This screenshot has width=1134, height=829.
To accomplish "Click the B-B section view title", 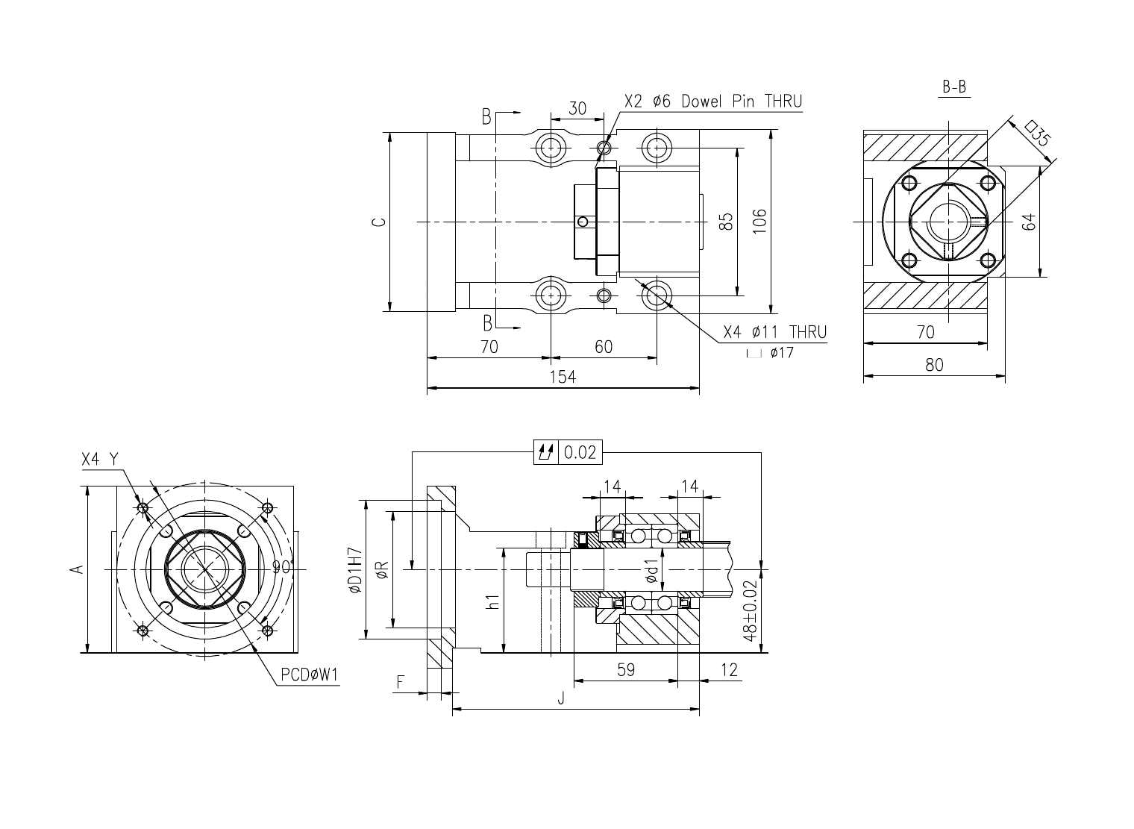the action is point(954,87).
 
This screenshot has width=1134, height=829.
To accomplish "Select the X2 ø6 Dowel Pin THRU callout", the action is point(713,101).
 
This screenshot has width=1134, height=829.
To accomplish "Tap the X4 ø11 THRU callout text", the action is point(775,332).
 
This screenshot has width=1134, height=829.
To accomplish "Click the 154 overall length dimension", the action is point(563,377).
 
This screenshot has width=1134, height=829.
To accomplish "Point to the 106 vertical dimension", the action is point(759,222).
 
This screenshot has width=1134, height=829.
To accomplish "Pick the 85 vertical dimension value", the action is point(726,222).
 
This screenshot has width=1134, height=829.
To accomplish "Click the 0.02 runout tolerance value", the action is point(580,451).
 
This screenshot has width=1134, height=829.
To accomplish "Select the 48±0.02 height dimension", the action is point(751,610).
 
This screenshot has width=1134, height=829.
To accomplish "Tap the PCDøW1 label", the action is point(310,675).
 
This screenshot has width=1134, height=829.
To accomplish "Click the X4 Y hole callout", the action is point(100,460).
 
